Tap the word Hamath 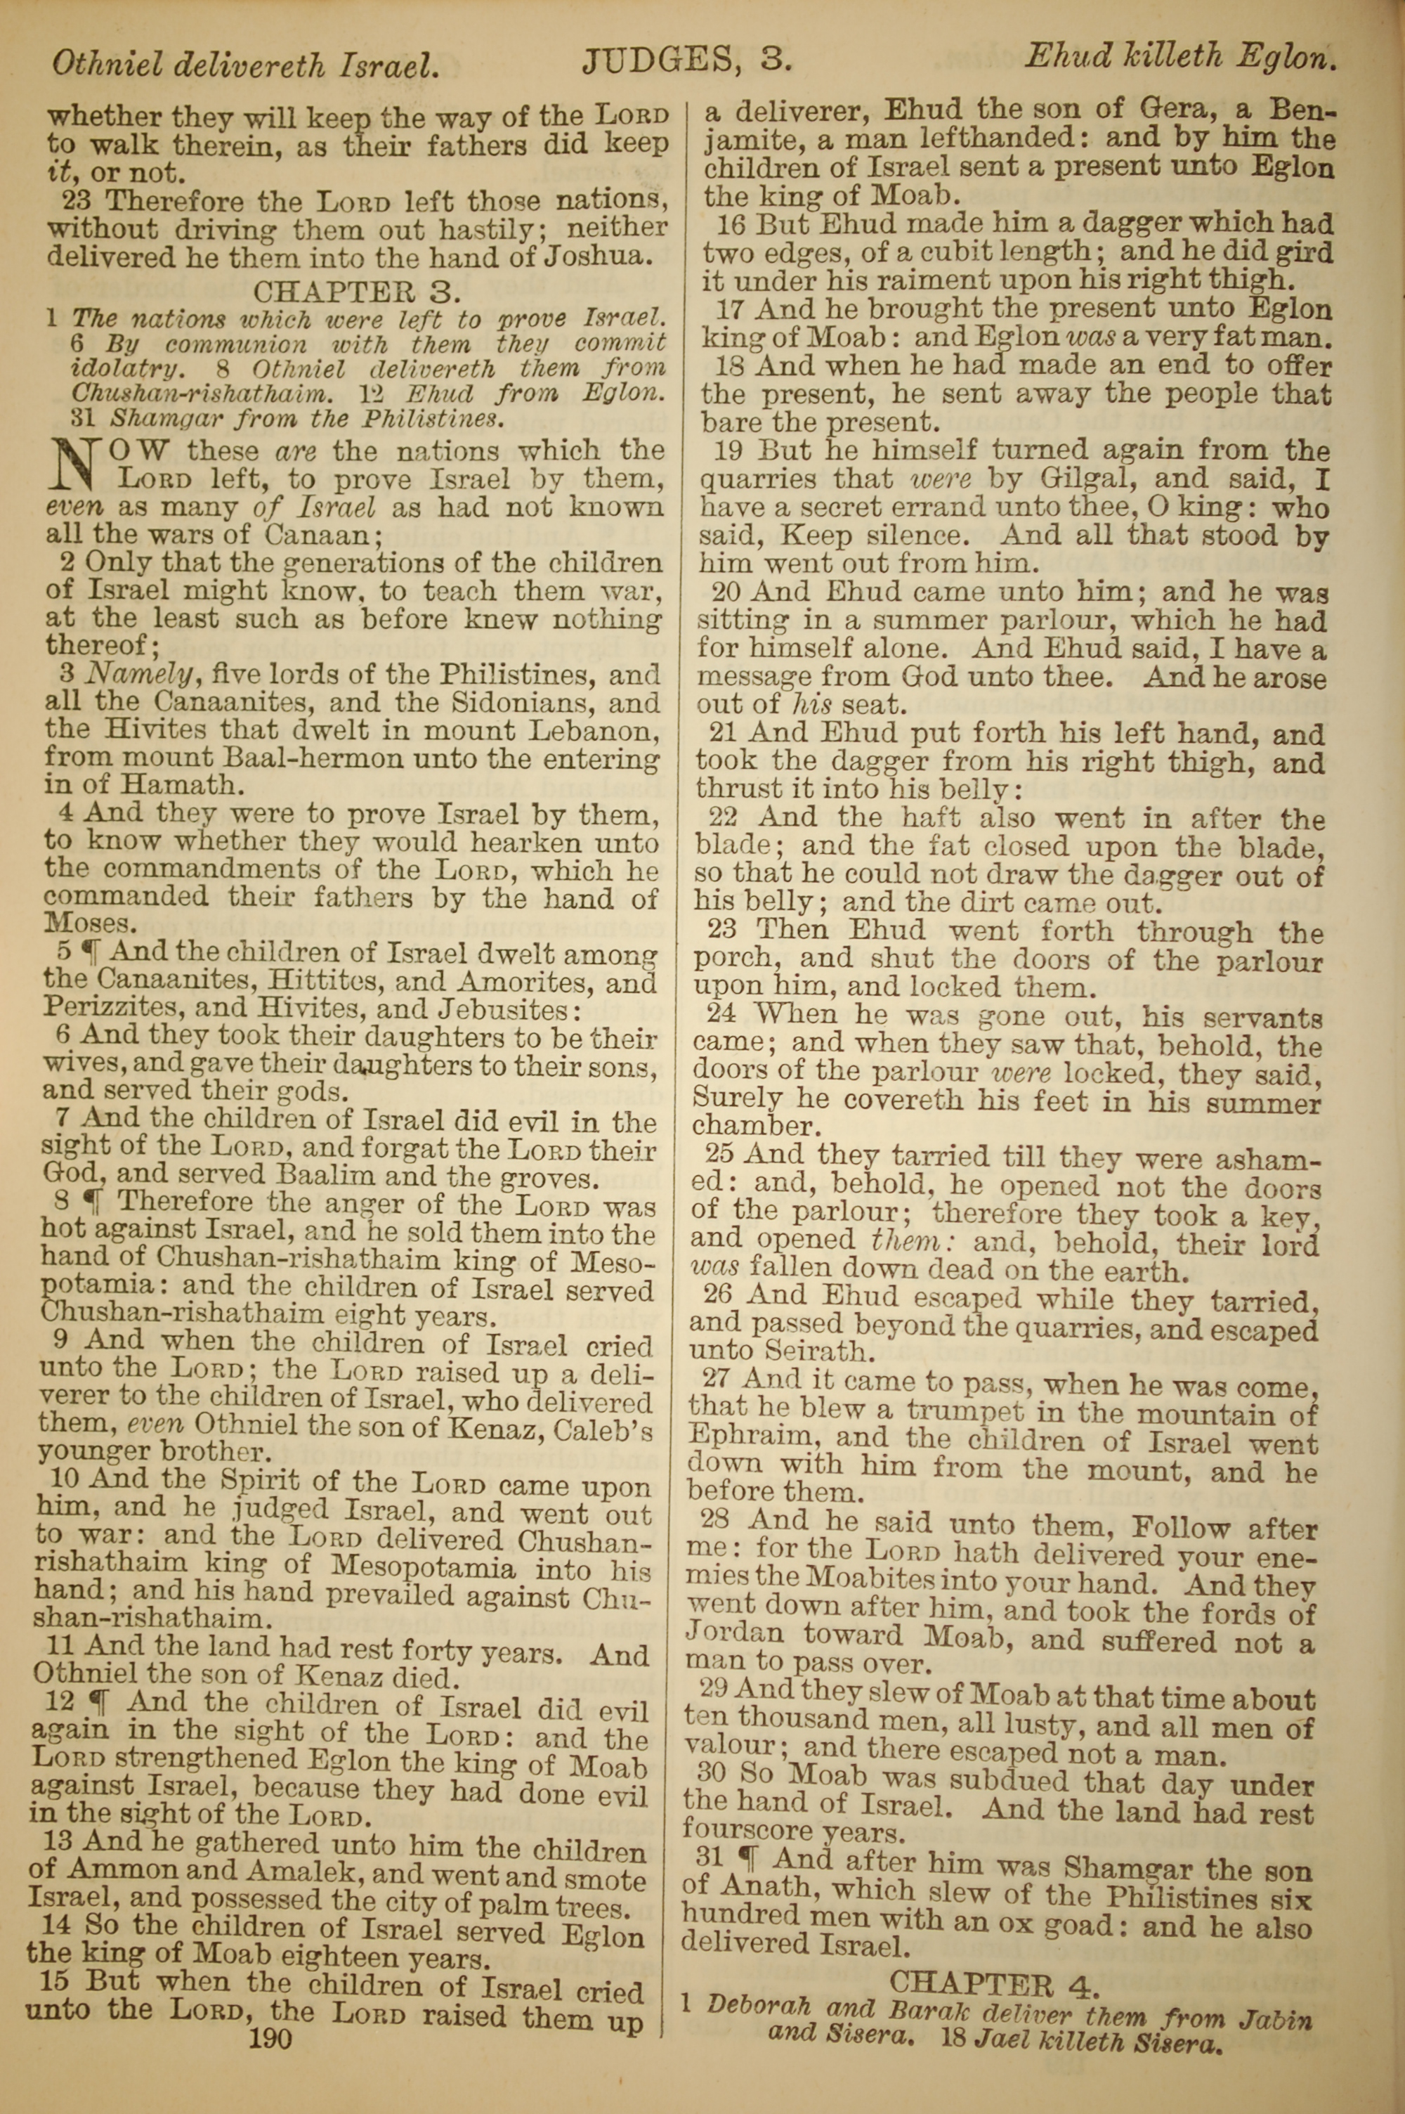(x=170, y=785)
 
